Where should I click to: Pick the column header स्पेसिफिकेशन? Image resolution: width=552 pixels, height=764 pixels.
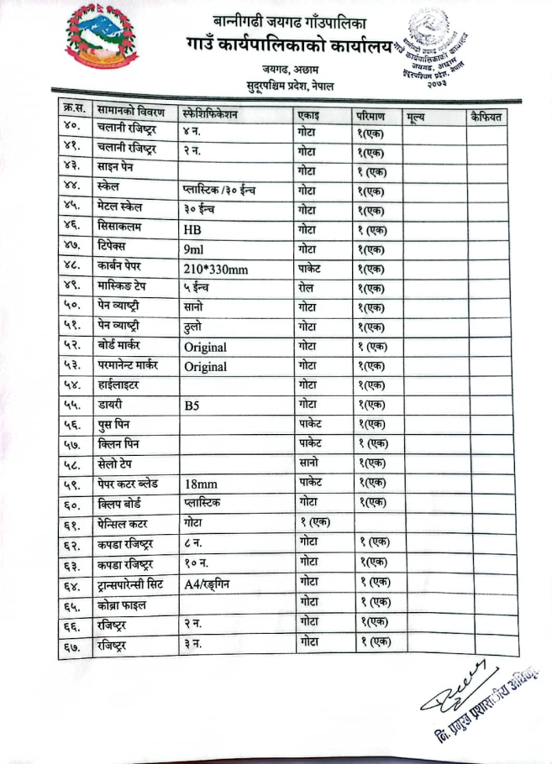pyautogui.click(x=210, y=113)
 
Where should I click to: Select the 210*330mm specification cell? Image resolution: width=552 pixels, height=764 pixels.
pyautogui.click(x=214, y=269)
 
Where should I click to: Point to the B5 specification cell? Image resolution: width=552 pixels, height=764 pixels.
pyautogui.click(x=192, y=406)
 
